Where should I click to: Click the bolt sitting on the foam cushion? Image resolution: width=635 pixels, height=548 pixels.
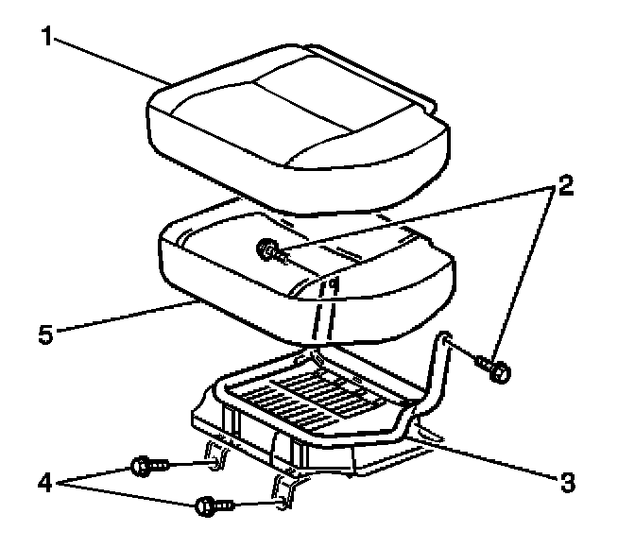click(267, 250)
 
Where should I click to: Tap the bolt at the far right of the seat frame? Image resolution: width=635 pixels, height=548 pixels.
click(498, 369)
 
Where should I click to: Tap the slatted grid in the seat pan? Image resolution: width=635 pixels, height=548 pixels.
click(312, 392)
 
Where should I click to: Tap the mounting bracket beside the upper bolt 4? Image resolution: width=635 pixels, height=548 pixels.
click(215, 457)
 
